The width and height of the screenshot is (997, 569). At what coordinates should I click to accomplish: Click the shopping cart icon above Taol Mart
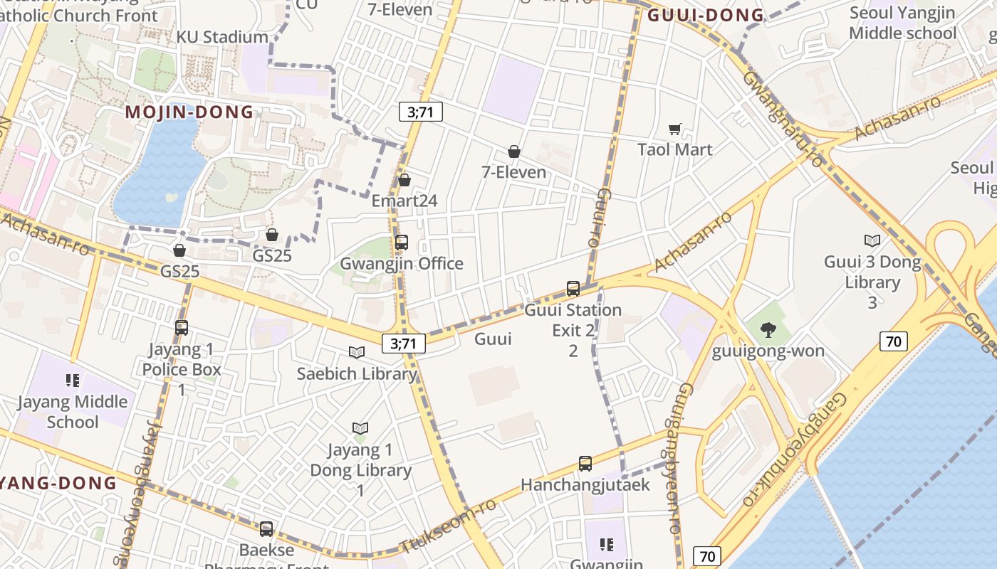(674, 129)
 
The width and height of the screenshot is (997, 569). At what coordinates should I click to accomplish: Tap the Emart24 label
(404, 201)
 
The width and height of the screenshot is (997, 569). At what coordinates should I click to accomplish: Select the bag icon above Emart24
(404, 180)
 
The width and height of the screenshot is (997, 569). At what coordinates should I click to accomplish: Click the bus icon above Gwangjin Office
(402, 243)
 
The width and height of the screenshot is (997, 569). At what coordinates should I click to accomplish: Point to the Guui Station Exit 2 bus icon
(573, 289)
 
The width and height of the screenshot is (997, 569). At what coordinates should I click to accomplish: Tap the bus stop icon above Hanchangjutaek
(585, 464)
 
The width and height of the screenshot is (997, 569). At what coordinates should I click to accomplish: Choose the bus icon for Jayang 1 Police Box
(182, 328)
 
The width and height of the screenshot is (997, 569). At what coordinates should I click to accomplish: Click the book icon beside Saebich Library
(357, 352)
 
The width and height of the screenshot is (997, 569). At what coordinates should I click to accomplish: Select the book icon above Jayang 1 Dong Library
(360, 428)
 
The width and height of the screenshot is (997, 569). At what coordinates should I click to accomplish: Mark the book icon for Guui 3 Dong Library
(872, 240)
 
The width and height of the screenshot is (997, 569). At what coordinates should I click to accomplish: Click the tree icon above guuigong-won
(768, 329)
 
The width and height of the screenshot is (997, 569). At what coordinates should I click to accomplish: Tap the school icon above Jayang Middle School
(72, 381)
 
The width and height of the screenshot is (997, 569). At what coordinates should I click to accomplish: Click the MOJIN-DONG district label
(189, 112)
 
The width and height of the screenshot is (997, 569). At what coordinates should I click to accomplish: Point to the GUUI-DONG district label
(706, 15)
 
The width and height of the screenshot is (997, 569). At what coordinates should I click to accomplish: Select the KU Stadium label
(222, 37)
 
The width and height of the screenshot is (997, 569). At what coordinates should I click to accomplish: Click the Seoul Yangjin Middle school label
(902, 23)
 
